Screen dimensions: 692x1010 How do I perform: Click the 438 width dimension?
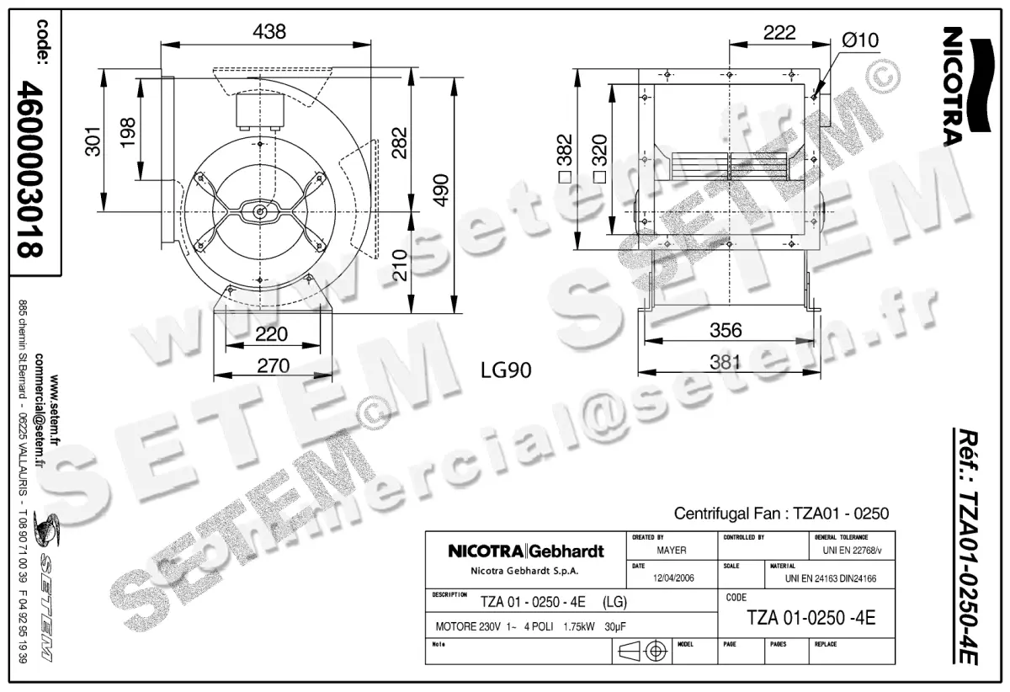268,32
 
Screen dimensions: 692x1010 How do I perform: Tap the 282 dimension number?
400,144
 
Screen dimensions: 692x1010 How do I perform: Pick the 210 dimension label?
400,266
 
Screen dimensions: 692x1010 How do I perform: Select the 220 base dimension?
271,333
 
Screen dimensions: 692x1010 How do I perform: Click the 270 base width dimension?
273,365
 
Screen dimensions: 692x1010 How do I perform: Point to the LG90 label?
506,370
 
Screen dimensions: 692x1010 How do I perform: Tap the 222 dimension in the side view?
779,33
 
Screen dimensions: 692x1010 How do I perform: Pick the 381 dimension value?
726,363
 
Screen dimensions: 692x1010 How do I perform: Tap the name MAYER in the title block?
672,551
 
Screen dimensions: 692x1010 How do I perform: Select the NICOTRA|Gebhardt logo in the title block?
526,552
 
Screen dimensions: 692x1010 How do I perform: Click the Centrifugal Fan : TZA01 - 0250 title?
782,513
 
